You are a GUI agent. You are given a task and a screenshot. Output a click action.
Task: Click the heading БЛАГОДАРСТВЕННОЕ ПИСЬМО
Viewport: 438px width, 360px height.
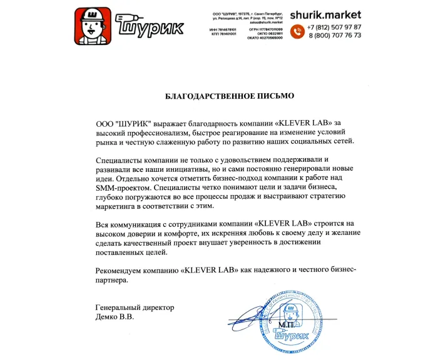coord(220,97)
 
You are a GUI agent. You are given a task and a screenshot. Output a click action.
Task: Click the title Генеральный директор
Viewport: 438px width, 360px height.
coord(135,307)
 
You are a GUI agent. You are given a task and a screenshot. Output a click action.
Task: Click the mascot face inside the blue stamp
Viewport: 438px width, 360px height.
coord(289,312)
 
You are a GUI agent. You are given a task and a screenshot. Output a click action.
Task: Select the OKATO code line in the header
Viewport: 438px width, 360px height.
coord(267,37)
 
